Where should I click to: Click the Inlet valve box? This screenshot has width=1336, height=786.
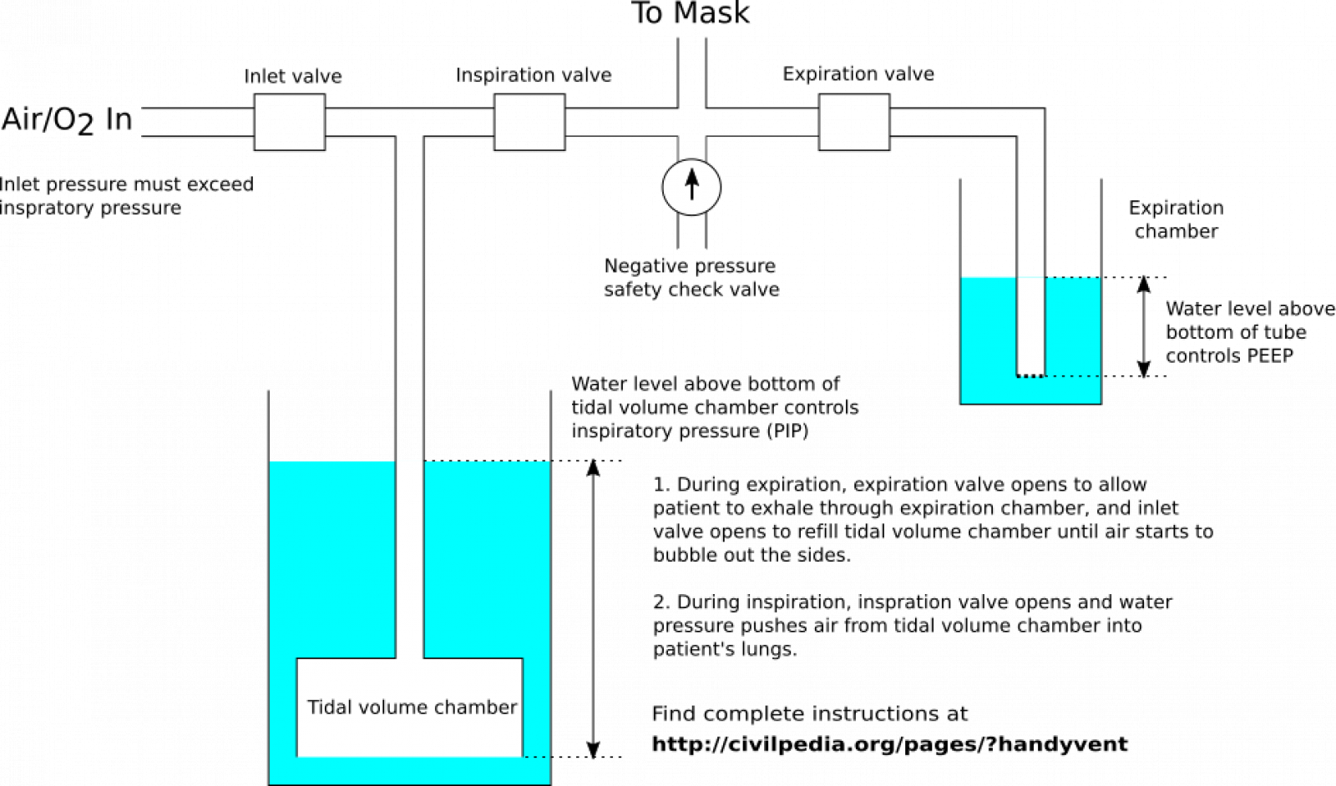point(289,122)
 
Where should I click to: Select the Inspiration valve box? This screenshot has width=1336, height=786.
point(529,122)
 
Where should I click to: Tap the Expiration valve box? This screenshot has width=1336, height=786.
point(853,122)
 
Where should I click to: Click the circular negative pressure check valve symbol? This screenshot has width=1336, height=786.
point(691,187)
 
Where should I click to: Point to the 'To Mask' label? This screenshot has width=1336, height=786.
point(690,14)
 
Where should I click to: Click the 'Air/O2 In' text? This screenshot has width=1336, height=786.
point(67,120)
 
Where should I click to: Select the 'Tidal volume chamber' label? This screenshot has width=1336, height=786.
point(412,708)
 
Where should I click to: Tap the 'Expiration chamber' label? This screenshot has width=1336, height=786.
point(1176,219)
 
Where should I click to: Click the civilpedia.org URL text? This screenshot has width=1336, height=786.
point(889,744)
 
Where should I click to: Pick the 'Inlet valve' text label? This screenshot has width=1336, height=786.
point(292,77)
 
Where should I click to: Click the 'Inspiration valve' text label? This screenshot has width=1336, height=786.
point(533,75)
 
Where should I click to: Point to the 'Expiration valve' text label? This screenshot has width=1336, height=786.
point(858,74)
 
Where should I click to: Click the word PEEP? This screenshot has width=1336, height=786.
point(1269,356)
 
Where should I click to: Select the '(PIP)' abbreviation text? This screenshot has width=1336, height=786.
point(786,431)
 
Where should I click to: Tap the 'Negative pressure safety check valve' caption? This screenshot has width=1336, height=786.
point(691,278)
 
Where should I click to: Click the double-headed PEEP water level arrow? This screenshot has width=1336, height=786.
point(1144,326)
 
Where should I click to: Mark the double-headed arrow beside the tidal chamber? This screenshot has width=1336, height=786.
point(593,608)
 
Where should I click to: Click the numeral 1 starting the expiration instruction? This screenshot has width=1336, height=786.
point(660,485)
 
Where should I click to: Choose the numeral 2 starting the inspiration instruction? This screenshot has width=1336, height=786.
point(660,602)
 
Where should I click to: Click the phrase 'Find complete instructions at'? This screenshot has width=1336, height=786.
point(809,714)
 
